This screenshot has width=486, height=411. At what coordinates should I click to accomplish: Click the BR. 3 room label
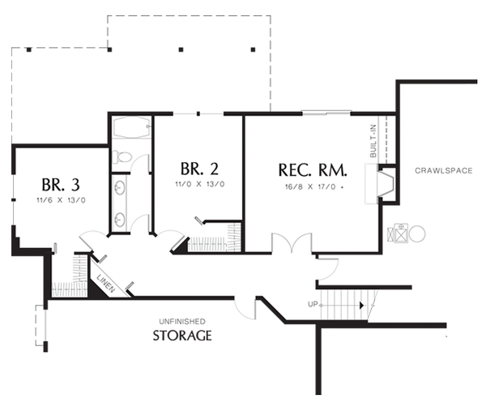(61, 185)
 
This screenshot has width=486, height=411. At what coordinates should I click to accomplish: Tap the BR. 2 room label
(199, 169)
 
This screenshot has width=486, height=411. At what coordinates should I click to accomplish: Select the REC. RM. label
(313, 170)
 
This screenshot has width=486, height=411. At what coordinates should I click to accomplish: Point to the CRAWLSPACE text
(444, 170)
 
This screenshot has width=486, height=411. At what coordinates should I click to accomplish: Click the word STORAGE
(182, 336)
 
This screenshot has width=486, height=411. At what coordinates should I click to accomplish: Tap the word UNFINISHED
(182, 321)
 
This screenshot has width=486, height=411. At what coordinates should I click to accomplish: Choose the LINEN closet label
(106, 284)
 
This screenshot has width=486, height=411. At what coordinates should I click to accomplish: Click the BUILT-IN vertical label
(373, 140)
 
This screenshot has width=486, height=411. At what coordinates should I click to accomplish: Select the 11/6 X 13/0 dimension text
(61, 200)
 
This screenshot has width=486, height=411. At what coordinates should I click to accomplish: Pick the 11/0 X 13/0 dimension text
(200, 184)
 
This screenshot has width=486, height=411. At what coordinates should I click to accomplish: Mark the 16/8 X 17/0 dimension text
(313, 186)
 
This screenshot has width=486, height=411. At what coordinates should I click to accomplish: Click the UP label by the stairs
(313, 304)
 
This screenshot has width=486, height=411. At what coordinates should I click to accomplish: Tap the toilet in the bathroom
(122, 157)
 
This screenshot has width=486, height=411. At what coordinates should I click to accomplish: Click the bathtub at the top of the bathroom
(131, 127)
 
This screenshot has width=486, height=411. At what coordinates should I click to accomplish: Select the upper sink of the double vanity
(119, 187)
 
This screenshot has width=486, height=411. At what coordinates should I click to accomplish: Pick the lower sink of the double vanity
(119, 220)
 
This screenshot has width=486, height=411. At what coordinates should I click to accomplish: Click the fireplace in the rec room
(386, 184)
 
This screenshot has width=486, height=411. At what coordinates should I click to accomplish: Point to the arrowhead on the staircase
(361, 306)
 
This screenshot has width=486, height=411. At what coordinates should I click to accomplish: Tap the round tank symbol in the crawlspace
(417, 233)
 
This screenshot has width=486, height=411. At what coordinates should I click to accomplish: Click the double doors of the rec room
(292, 243)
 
